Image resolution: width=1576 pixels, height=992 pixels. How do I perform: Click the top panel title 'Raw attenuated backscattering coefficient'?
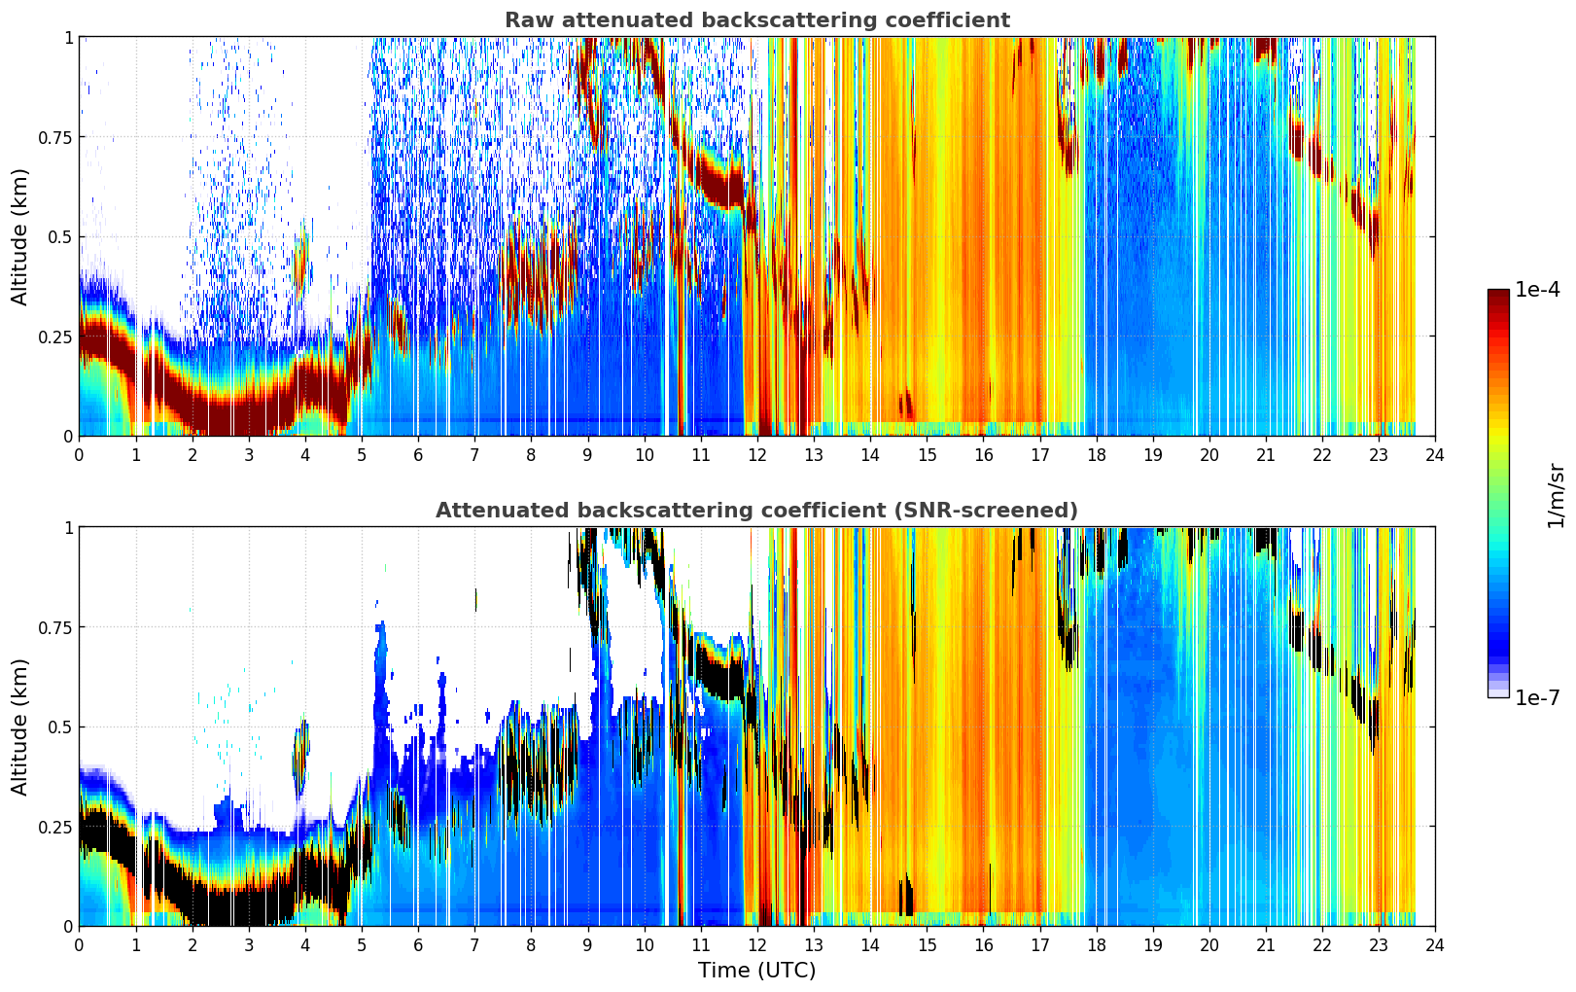click(x=757, y=19)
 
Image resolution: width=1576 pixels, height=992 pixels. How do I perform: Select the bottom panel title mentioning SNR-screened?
click(x=756, y=510)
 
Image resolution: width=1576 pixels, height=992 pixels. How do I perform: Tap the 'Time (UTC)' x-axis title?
click(x=756, y=971)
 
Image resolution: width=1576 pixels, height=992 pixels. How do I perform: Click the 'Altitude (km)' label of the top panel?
click(x=19, y=236)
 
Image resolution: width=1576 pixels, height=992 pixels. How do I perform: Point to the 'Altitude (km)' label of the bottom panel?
click(x=19, y=726)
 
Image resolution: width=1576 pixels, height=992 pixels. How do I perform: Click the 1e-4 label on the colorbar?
click(x=1536, y=289)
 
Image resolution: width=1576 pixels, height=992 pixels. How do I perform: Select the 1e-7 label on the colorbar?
click(x=1536, y=698)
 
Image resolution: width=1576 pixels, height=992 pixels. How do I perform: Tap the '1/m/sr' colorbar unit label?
click(x=1556, y=495)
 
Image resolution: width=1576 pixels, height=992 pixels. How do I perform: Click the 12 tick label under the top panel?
click(x=757, y=455)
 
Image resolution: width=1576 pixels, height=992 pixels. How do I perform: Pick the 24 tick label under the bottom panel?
click(x=1435, y=945)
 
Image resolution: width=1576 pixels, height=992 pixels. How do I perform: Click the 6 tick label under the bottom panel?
click(x=418, y=945)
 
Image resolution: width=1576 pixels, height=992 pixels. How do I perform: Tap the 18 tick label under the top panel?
click(x=1096, y=455)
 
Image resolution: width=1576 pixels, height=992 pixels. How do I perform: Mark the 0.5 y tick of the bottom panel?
click(x=60, y=727)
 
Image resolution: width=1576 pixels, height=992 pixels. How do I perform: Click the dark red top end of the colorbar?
click(x=1498, y=294)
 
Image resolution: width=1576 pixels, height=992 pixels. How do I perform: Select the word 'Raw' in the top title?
click(x=528, y=19)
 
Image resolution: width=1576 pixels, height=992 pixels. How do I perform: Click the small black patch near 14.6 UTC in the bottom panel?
click(x=906, y=895)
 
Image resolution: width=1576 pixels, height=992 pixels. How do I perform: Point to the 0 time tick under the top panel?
click(x=79, y=455)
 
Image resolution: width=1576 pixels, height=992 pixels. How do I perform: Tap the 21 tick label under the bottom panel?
click(x=1266, y=945)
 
